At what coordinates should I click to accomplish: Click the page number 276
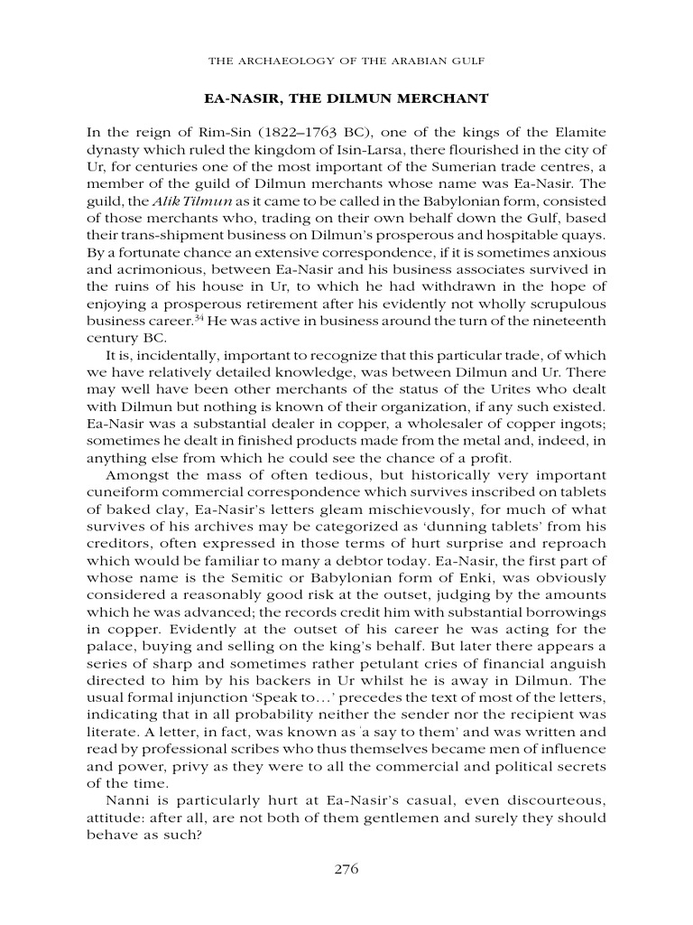[x=346, y=870]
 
